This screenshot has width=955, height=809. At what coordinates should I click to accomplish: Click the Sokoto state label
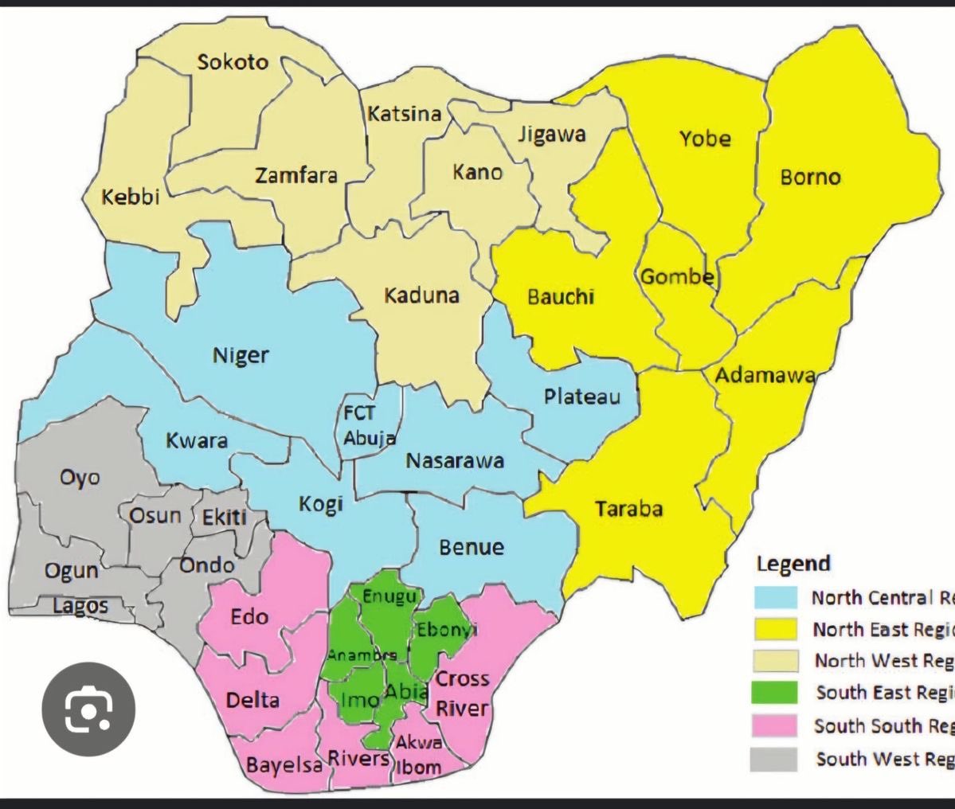[x=233, y=62]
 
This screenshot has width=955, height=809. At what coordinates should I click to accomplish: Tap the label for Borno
[x=810, y=177]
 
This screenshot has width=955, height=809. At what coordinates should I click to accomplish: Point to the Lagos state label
[x=80, y=606]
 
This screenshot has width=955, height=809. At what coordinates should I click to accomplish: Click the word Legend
[x=793, y=564]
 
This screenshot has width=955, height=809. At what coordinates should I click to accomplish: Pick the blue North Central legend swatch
[x=775, y=597]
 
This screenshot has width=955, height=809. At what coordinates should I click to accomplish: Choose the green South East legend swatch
[x=775, y=693]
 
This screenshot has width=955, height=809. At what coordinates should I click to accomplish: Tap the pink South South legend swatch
[x=775, y=725]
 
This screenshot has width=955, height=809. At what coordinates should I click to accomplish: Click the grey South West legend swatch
[x=775, y=759]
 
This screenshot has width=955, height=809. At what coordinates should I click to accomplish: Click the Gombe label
[x=677, y=277]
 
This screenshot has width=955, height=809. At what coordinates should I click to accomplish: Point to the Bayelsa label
[x=284, y=766]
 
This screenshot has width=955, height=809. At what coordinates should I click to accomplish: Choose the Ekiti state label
[x=224, y=518]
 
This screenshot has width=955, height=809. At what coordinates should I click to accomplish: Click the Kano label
[x=478, y=171]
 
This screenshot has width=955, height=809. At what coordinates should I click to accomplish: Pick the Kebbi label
[x=131, y=197]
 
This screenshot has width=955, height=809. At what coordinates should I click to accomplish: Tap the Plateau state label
[x=581, y=396]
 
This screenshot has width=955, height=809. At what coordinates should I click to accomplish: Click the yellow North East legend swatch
[x=775, y=629]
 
